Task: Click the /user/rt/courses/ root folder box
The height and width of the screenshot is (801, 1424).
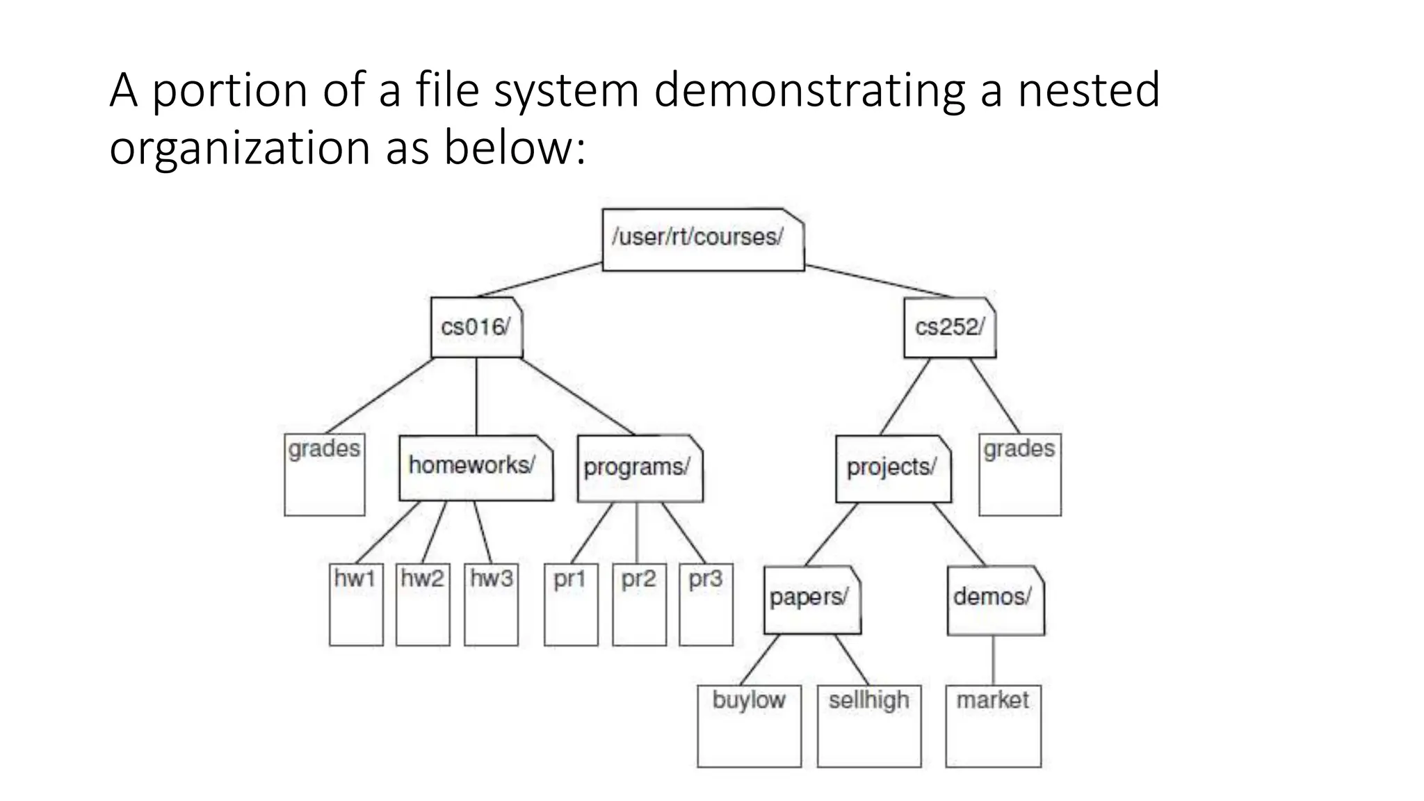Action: pyautogui.click(x=702, y=240)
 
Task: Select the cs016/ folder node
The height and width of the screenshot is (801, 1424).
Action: pyautogui.click(x=476, y=327)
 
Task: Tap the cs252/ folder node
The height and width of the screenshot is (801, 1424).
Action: pyautogui.click(x=950, y=327)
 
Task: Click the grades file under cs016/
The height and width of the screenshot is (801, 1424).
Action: pyautogui.click(x=325, y=474)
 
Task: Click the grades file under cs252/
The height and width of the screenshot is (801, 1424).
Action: pyautogui.click(x=1020, y=474)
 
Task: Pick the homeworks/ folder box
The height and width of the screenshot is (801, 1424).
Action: pyautogui.click(x=476, y=467)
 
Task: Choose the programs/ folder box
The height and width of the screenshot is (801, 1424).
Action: pyautogui.click(x=640, y=468)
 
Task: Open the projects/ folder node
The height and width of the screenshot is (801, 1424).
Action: pyautogui.click(x=893, y=469)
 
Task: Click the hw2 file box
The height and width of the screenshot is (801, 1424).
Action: pyautogui.click(x=423, y=604)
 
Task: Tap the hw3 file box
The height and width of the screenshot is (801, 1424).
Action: pyautogui.click(x=491, y=604)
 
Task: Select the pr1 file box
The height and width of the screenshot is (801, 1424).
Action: pyautogui.click(x=571, y=604)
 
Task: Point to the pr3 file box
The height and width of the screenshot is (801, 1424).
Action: pyautogui.click(x=706, y=604)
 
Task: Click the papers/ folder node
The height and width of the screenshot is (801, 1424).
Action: pyautogui.click(x=811, y=599)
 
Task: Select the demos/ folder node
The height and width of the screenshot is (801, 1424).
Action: pyautogui.click(x=995, y=599)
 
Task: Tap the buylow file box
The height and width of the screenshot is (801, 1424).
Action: pyautogui.click(x=749, y=725)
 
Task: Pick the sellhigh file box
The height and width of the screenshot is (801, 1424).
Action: pyautogui.click(x=869, y=725)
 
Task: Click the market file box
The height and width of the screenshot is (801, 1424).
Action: pyautogui.click(x=993, y=725)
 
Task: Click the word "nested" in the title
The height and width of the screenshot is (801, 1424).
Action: pyautogui.click(x=1088, y=90)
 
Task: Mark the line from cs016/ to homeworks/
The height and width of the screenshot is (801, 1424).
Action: pyautogui.click(x=476, y=396)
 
